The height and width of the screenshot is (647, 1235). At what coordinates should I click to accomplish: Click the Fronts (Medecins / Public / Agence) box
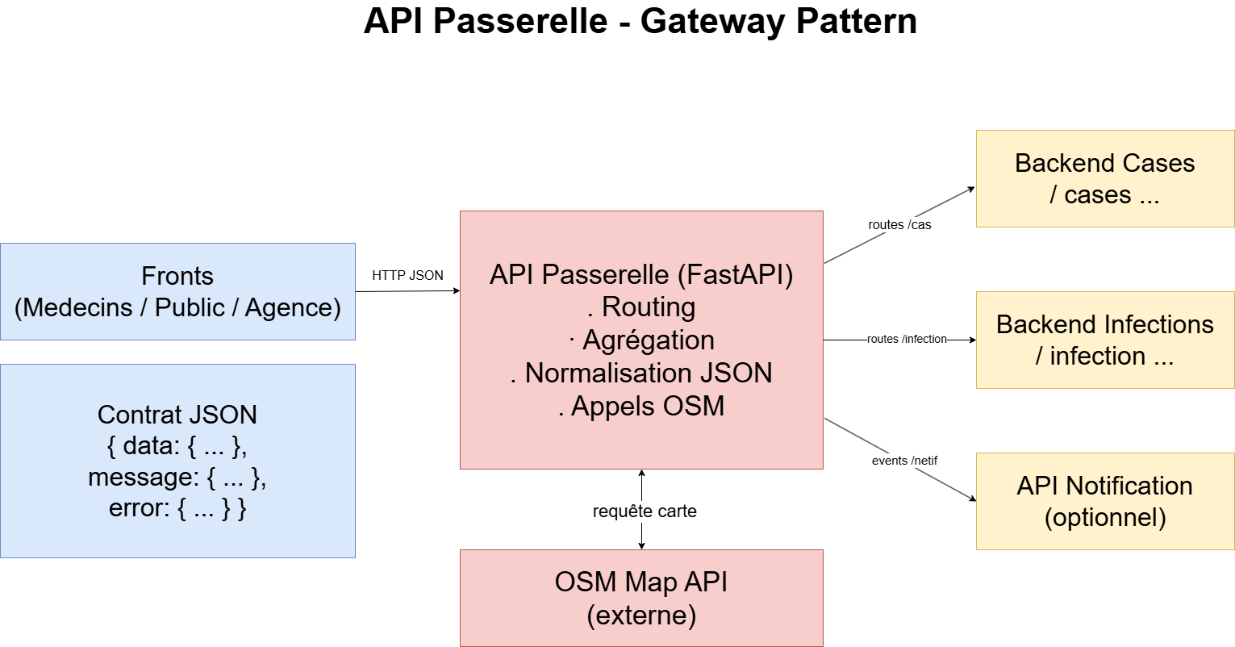[x=177, y=291]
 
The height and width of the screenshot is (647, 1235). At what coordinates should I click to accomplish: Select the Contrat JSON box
[x=177, y=461]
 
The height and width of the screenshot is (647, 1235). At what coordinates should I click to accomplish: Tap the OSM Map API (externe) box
[x=641, y=598]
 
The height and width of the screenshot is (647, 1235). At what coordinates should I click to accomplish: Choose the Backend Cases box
[x=1104, y=178]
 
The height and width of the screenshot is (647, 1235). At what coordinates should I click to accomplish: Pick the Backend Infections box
[x=1104, y=340]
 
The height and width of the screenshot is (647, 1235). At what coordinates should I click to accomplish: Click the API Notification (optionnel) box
[x=1104, y=501]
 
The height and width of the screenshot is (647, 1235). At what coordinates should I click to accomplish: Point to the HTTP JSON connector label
[x=407, y=275]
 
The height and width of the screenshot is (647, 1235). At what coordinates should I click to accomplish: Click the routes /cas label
[x=899, y=225]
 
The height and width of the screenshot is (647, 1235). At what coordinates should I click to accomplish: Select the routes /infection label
[x=907, y=339]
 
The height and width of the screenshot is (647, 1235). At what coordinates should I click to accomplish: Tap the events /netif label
[x=904, y=461]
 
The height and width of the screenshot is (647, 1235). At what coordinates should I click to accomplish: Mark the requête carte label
[x=645, y=511]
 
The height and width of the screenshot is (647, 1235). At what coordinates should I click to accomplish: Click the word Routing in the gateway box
[x=648, y=307]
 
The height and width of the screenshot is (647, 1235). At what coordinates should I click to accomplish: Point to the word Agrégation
[x=648, y=340]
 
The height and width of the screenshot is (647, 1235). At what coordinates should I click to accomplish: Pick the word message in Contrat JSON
[x=142, y=478]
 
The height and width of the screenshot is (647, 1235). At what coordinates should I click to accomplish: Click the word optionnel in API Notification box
[x=1105, y=517]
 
